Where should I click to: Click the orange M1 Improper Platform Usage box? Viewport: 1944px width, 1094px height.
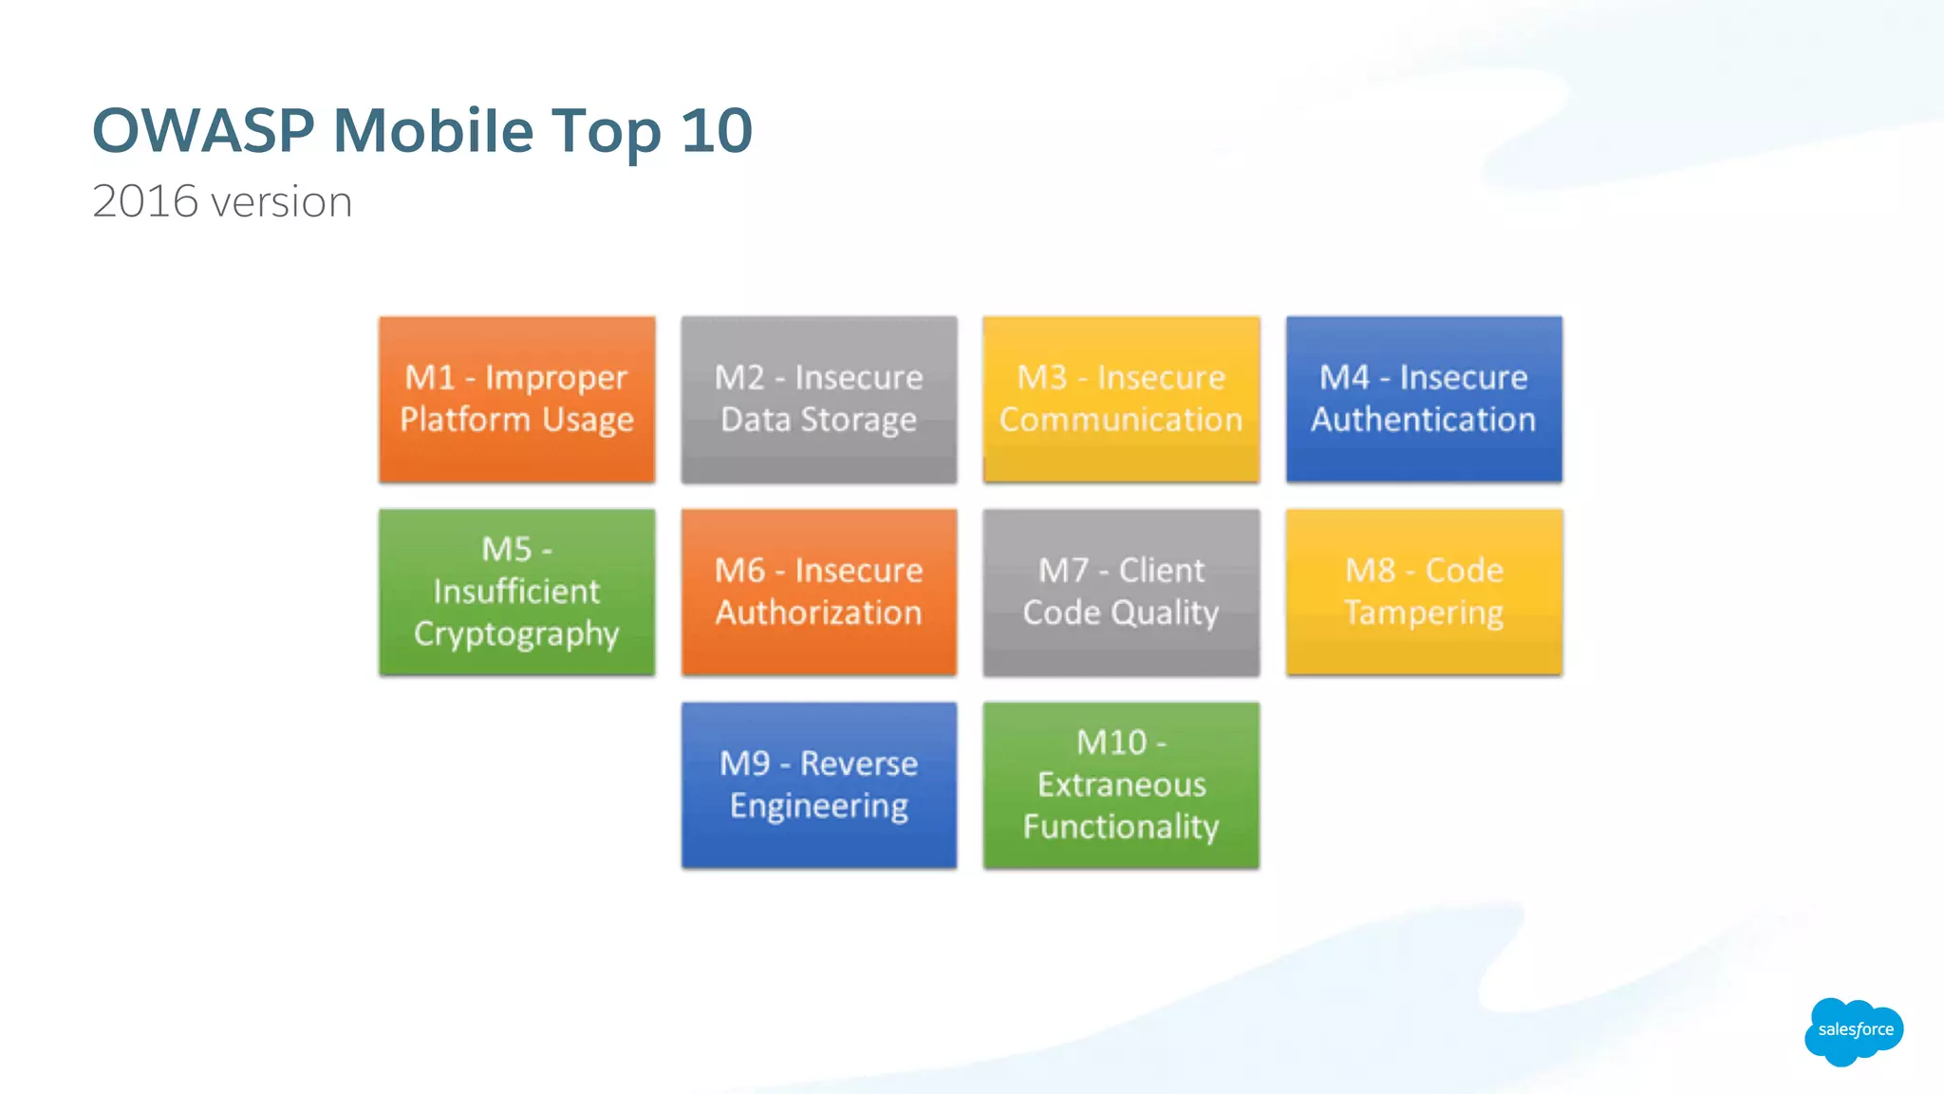pos(516,399)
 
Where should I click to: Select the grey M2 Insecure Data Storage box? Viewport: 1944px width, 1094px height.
pos(818,399)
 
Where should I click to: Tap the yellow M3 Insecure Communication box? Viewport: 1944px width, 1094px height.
pos(1121,399)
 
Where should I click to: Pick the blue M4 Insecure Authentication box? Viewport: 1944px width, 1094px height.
pos(1424,399)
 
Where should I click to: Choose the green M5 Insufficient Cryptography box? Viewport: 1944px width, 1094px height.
pos(516,592)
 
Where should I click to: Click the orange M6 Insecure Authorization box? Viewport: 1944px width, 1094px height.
pos(818,592)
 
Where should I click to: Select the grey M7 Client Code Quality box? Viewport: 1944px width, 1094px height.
pos(1121,592)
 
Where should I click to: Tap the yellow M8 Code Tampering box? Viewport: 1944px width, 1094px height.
pos(1424,592)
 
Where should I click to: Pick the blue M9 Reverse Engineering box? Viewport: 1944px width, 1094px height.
pos(818,784)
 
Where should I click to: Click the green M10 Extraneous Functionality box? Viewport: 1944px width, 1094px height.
pos(1121,784)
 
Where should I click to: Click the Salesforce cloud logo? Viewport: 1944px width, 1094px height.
pos(1854,1030)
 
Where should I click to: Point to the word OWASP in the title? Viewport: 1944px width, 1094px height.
pos(203,130)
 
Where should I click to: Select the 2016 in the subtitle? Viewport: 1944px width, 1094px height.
pos(145,201)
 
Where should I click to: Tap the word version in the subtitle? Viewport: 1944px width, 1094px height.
pos(281,202)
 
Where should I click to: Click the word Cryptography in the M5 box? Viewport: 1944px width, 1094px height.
pos(516,634)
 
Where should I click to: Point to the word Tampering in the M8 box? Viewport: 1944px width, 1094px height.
pos(1424,613)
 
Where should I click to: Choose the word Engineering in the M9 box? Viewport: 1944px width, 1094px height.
pos(818,806)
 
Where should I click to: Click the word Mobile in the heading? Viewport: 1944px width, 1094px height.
pos(433,130)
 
